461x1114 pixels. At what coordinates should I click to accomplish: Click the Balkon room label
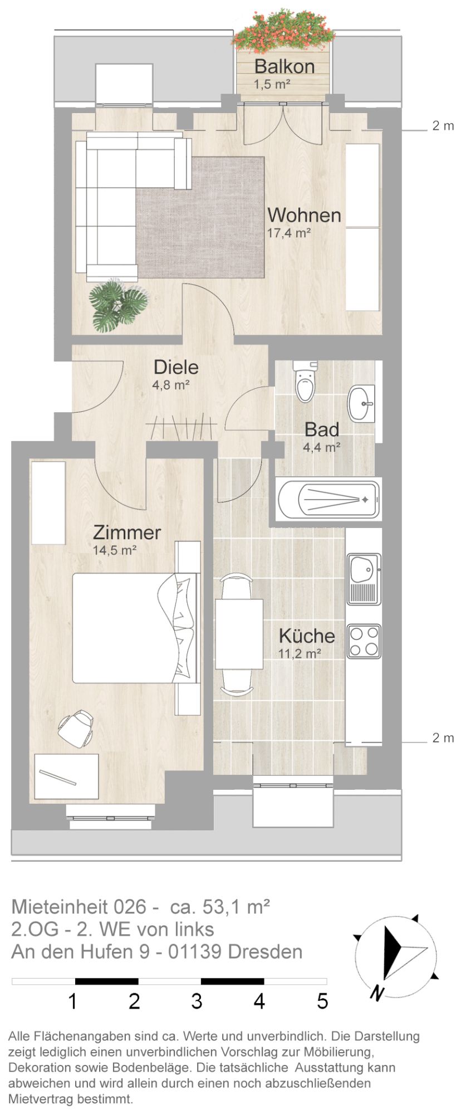point(284,66)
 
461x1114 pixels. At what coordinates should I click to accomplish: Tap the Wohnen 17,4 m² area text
point(289,233)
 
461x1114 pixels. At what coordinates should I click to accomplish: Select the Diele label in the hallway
point(176,367)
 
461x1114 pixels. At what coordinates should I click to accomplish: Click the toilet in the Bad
point(305,381)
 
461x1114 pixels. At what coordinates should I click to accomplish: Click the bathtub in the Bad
point(329,499)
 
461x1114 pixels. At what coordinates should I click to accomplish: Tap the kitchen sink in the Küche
point(364,579)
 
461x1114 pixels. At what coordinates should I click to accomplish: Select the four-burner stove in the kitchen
point(364,641)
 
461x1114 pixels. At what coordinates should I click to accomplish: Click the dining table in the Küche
point(239,634)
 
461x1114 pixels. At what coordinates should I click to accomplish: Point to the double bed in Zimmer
point(135,628)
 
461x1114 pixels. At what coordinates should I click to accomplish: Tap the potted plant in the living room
point(118,305)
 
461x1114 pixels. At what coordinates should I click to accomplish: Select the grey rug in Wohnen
point(200,217)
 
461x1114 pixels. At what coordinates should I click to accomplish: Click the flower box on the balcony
point(285,31)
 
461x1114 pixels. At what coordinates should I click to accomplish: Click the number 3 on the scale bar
point(197,1001)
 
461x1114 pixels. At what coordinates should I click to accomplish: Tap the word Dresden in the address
point(265,952)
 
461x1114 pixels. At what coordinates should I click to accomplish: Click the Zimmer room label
point(127,532)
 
